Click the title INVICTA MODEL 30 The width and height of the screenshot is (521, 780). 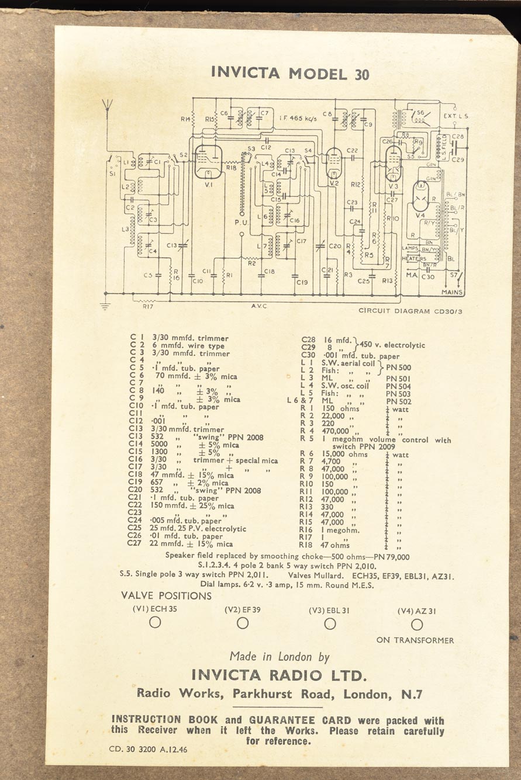coord(290,74)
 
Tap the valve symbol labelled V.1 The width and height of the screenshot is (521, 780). coord(208,161)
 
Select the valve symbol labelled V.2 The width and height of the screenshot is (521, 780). coord(333,162)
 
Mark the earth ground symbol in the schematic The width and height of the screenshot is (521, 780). coord(105,304)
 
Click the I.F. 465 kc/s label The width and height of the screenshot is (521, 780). coord(298,119)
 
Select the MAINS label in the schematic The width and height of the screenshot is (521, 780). coord(452,292)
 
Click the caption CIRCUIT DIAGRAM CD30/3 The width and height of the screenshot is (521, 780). coord(410,311)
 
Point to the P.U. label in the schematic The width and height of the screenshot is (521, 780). coord(241,222)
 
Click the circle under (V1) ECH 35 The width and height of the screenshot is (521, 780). coord(155,623)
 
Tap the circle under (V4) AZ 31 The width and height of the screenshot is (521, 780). coord(416,625)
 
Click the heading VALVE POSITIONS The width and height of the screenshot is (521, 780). coord(166,596)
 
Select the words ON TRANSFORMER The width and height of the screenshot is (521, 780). coord(415,640)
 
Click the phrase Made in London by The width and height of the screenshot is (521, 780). coord(280,657)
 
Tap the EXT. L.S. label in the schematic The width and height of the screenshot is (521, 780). coord(456,116)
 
